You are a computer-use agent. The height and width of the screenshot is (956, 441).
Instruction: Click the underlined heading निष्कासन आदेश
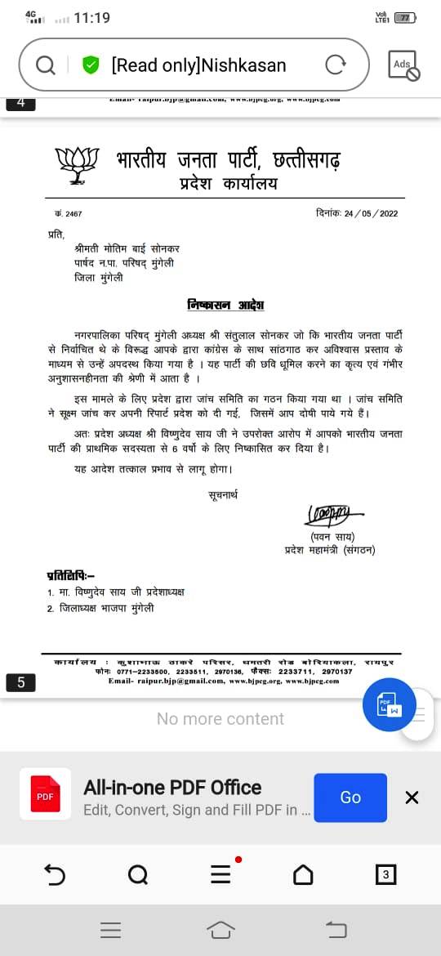(x=225, y=305)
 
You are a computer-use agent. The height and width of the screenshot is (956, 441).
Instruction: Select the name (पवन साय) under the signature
(x=336, y=536)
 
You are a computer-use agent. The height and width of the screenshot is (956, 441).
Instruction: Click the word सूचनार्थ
(x=221, y=495)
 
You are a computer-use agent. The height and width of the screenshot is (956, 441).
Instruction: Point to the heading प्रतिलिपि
(x=71, y=575)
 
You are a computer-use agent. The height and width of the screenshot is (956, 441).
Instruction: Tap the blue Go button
(x=350, y=797)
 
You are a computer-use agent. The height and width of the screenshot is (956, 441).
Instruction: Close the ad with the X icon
(x=412, y=797)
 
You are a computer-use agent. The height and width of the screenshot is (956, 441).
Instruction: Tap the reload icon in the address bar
(x=335, y=65)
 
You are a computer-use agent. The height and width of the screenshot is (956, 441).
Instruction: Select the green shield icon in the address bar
(x=91, y=65)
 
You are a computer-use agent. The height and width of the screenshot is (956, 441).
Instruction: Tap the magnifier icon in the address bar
(x=47, y=65)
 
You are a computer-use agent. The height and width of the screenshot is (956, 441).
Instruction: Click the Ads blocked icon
(x=403, y=65)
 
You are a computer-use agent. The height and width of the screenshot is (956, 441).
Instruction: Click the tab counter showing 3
(x=385, y=874)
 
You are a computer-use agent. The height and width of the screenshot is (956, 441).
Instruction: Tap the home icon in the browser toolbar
(x=303, y=874)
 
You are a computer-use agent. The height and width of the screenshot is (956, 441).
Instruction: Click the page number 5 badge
(x=21, y=682)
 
